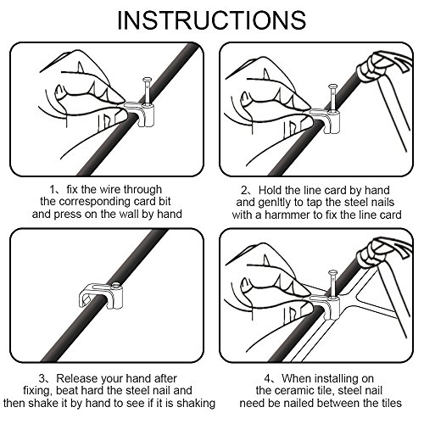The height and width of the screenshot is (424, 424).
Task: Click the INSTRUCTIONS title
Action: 212,20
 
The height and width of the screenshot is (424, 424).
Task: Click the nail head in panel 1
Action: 147,80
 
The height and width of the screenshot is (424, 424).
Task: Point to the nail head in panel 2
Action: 332,87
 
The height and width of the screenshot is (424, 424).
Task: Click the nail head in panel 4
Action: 332,273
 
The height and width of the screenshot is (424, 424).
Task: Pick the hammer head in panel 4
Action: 383,252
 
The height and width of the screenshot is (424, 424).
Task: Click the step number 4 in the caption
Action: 267,378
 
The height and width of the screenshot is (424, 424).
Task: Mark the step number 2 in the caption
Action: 244,190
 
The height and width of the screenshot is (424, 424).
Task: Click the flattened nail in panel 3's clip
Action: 116,287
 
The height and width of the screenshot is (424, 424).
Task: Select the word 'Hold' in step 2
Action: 271,190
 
